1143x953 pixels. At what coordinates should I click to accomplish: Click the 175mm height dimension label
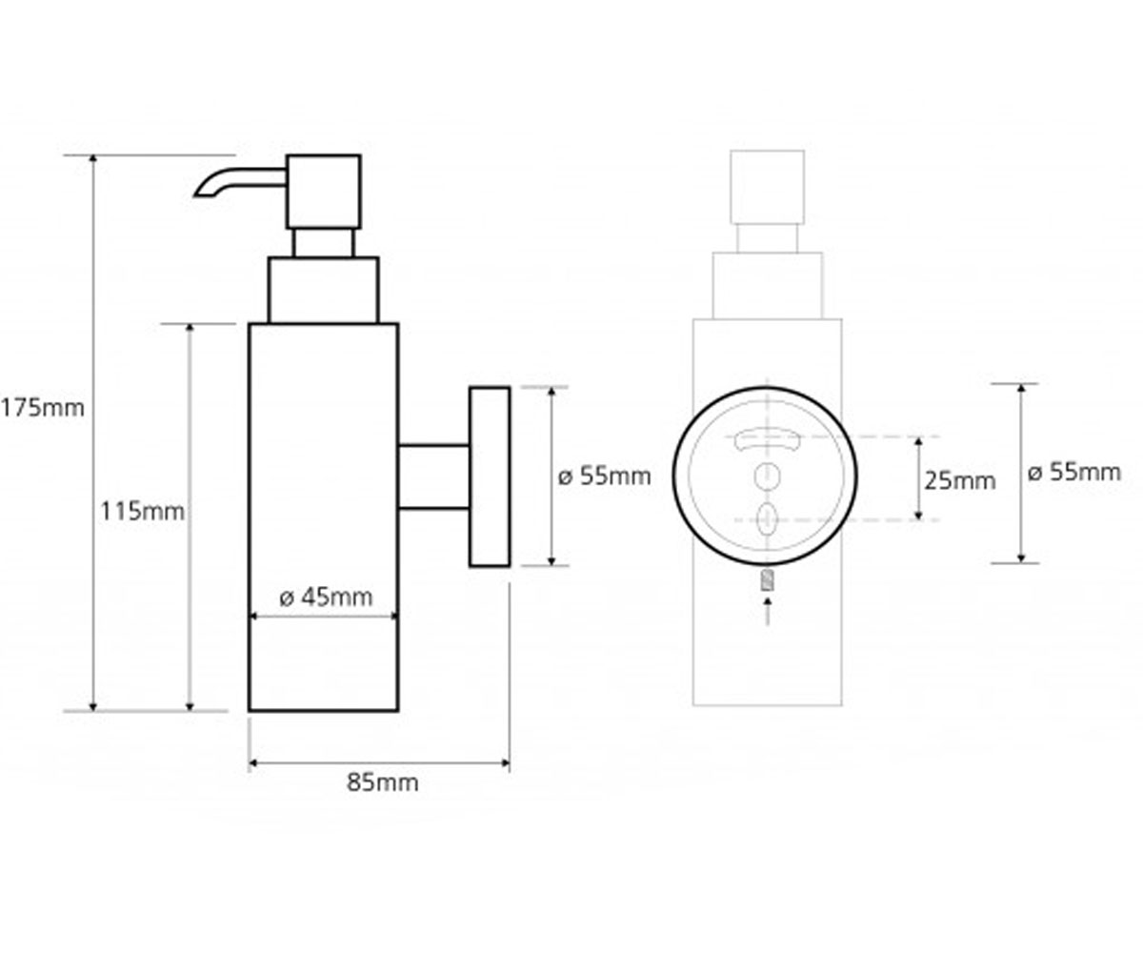click(43, 408)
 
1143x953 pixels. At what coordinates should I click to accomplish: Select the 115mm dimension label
click(142, 512)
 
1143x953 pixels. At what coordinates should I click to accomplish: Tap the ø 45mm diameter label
click(327, 597)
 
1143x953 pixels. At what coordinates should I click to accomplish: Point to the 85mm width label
click(383, 782)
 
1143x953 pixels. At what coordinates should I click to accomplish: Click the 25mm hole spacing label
click(959, 481)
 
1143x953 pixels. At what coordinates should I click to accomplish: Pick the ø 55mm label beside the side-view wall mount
click(604, 476)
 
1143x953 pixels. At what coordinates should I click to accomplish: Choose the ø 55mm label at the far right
click(1074, 472)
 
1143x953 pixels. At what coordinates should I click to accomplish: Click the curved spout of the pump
click(239, 182)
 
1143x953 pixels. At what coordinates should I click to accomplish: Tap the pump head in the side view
click(324, 192)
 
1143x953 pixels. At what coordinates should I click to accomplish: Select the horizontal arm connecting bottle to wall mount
click(433, 477)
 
